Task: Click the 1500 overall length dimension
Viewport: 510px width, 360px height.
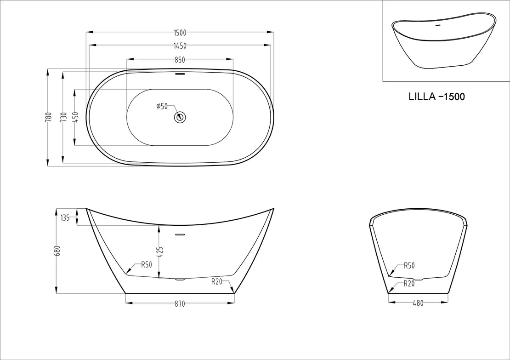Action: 180,33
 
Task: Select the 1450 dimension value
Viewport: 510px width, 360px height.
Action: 180,46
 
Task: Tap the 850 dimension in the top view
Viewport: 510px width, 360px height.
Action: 180,60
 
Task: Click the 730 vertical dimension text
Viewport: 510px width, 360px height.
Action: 64,117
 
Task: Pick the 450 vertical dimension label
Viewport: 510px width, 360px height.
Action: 76,117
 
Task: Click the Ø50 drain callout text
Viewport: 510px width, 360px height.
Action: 162,106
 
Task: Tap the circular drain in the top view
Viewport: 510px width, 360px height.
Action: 180,117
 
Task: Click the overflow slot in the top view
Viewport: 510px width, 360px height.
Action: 180,74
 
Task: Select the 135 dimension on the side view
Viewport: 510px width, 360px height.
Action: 65,218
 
